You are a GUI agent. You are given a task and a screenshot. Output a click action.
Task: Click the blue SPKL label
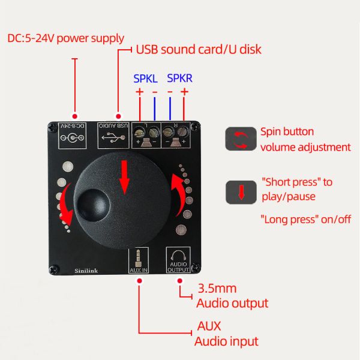(x=146, y=77)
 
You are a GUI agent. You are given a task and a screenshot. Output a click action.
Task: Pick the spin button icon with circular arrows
(x=240, y=139)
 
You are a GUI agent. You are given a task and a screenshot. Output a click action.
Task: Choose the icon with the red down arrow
(x=240, y=192)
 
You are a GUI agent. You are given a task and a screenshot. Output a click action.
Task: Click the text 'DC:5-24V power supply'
(x=66, y=39)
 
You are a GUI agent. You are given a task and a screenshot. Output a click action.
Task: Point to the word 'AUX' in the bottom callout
(x=209, y=327)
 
